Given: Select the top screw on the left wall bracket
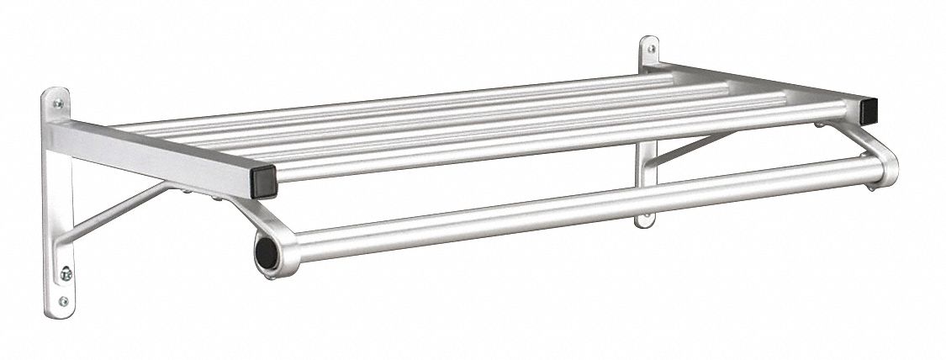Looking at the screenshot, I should (x=57, y=104).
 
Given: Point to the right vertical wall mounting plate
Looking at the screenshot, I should (x=647, y=168).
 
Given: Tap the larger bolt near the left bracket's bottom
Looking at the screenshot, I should (x=66, y=273).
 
